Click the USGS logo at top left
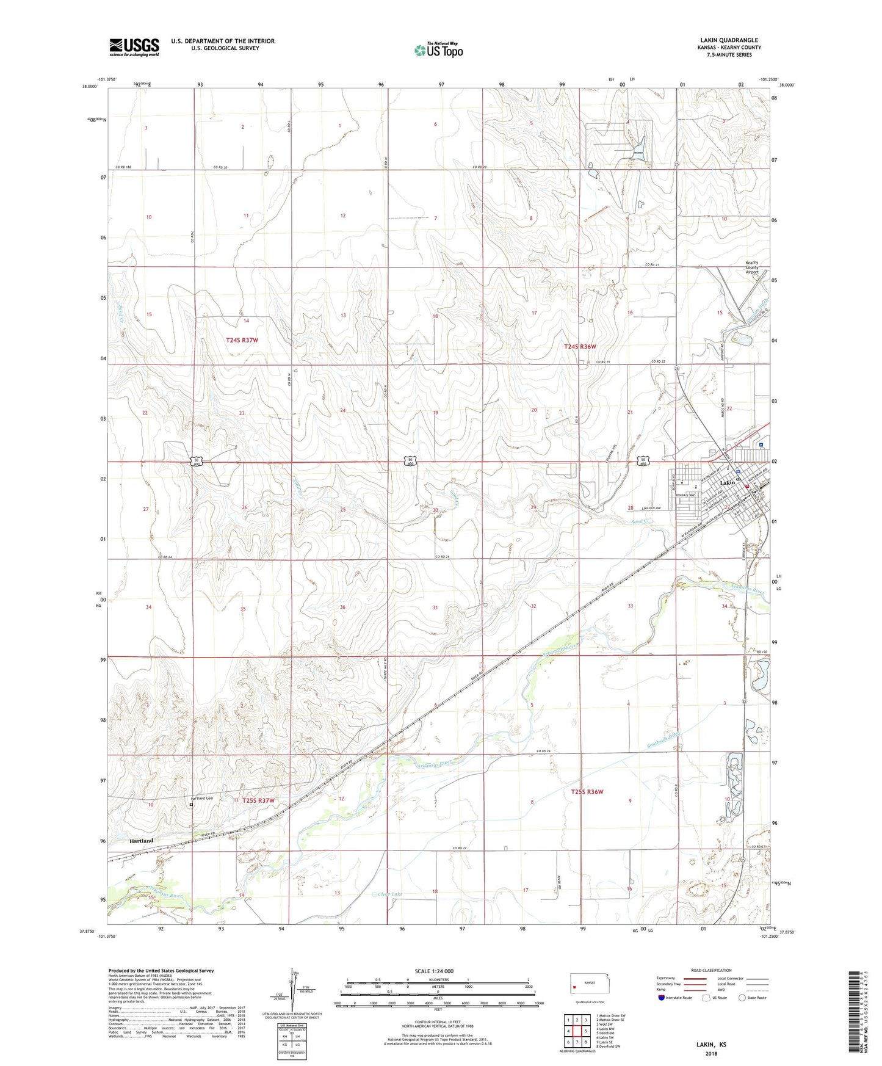(134, 47)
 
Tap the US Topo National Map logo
(438, 49)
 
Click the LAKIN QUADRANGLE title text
(729, 40)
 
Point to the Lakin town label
(728, 483)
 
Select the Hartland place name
(141, 841)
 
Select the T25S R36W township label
(587, 792)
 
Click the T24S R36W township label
(579, 346)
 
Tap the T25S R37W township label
(258, 800)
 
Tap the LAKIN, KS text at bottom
(711, 1045)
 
